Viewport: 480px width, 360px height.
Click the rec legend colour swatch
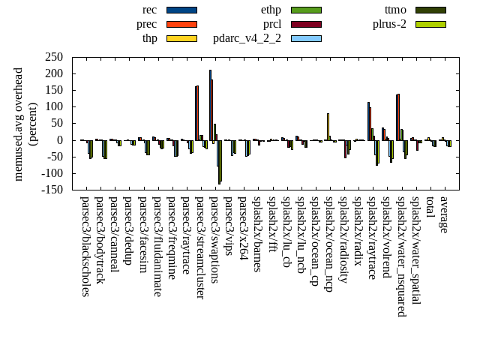[181, 10]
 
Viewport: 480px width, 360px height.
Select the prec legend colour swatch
[181, 24]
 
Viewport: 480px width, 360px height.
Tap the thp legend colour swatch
[181, 38]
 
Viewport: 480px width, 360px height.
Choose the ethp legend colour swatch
[306, 10]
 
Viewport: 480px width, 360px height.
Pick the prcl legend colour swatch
[306, 24]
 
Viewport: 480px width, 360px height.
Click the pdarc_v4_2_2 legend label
[247, 38]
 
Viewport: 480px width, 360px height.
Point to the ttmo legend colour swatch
[430, 10]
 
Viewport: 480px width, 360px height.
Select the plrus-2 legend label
[390, 24]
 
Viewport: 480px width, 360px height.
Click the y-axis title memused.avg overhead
[19, 124]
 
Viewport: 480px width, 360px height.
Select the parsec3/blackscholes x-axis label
[85, 246]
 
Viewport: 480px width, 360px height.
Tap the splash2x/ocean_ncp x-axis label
[328, 244]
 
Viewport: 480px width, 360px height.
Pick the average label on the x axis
[444, 214]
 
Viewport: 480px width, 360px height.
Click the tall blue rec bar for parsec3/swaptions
[210, 105]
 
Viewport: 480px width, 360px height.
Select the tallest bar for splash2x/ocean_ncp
[328, 126]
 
